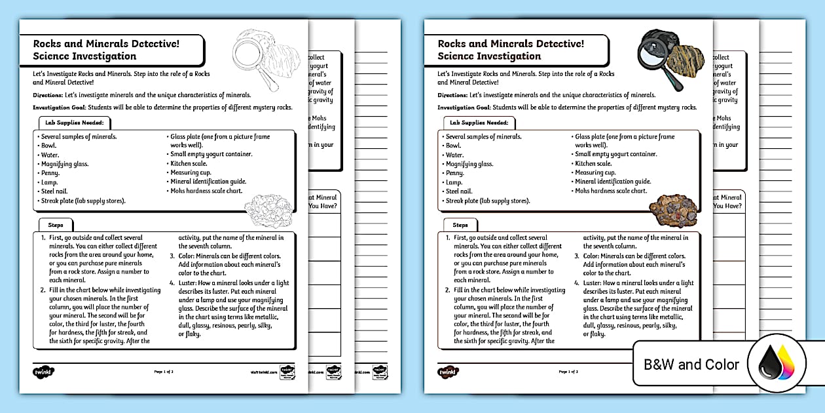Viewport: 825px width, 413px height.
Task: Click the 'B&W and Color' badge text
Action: [691, 364]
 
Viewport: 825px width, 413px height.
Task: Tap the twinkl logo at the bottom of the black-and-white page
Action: [44, 371]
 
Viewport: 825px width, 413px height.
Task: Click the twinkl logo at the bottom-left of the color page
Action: [449, 371]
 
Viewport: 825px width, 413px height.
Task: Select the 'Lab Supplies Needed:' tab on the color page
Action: [479, 123]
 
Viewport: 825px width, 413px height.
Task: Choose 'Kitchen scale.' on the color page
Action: [593, 163]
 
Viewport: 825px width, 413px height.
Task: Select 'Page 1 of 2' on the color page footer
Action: [568, 372]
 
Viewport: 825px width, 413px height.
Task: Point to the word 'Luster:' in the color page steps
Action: [595, 283]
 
